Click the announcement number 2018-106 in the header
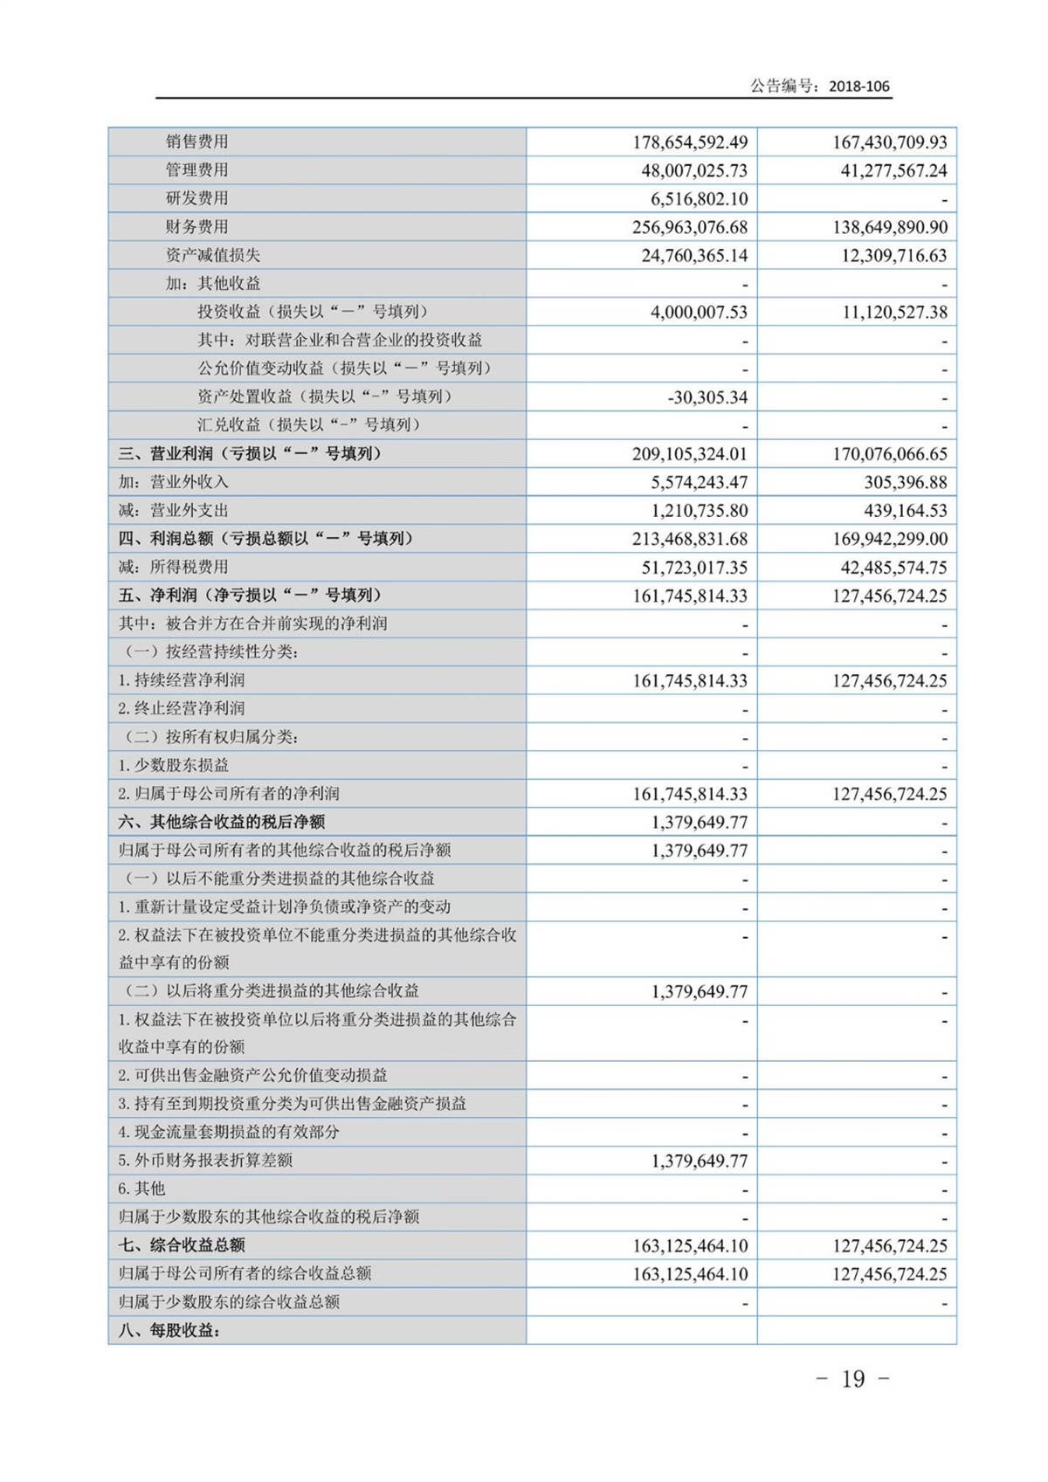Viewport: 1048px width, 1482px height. [x=858, y=86]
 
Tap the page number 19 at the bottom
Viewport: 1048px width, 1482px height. [x=852, y=1379]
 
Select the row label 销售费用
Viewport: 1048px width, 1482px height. [x=197, y=141]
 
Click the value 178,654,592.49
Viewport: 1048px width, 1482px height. [x=690, y=142]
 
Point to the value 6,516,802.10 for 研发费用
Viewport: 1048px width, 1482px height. [x=700, y=199]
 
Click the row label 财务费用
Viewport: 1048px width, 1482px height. [x=197, y=227]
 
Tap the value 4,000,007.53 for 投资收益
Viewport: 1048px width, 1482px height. [x=699, y=313]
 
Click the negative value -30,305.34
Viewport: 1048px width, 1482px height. [x=707, y=397]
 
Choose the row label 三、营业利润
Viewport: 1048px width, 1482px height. [x=250, y=454]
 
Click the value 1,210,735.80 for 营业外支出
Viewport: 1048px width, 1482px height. [x=699, y=511]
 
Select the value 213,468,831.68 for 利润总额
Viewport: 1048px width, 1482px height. [x=690, y=539]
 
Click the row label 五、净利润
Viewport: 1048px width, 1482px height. [x=250, y=596]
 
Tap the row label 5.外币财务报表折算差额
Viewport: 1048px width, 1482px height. [x=205, y=1161]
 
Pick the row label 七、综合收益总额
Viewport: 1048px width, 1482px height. [x=182, y=1245]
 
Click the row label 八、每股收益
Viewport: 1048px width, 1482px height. [x=169, y=1331]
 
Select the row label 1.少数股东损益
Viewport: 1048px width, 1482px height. [x=174, y=765]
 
